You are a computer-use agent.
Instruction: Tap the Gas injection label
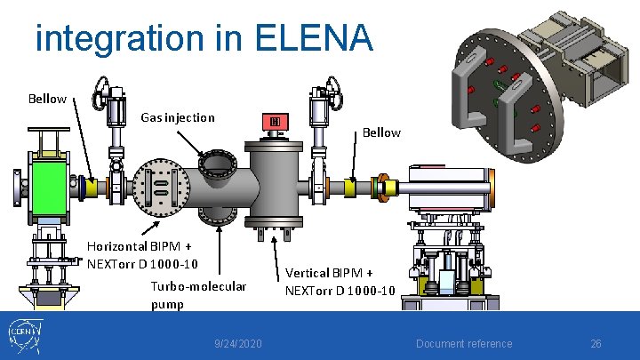pyautogui.click(x=178, y=117)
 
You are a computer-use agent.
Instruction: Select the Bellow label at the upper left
pyautogui.click(x=47, y=98)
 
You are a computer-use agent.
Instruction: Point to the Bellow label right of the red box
pyautogui.click(x=381, y=132)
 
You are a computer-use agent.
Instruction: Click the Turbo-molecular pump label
pyautogui.click(x=198, y=295)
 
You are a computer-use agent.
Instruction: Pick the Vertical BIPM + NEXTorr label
pyautogui.click(x=340, y=282)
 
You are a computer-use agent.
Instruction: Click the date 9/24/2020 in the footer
pyautogui.click(x=238, y=344)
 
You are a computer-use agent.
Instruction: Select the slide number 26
pyautogui.click(x=596, y=344)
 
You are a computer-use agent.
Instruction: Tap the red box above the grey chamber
pyautogui.click(x=276, y=123)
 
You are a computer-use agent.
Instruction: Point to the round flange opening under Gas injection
pyautogui.click(x=215, y=165)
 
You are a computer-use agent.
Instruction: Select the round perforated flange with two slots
pyautogui.click(x=160, y=188)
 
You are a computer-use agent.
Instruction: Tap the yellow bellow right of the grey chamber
pyautogui.click(x=350, y=188)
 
